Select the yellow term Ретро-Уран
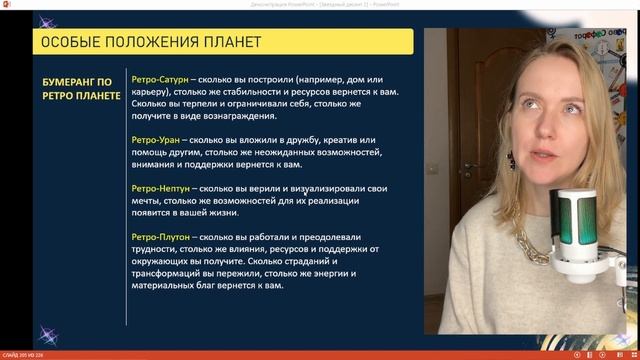[x=147, y=137]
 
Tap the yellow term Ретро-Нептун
[x=153, y=187]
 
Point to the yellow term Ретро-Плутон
[x=153, y=235]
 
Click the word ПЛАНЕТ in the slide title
[x=228, y=42]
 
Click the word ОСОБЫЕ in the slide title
[x=69, y=42]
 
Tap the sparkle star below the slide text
[x=46, y=334]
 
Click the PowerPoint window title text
[x=320, y=4]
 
